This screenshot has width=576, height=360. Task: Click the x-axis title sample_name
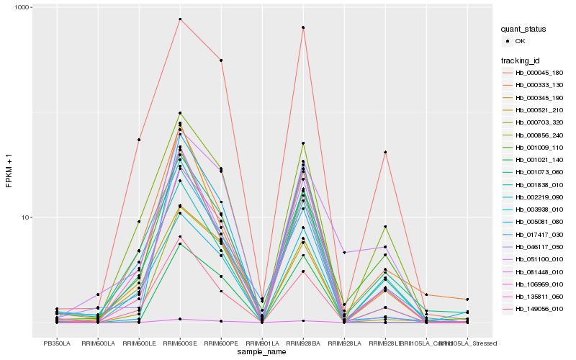[262, 352]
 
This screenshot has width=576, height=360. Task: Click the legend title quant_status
[524, 30]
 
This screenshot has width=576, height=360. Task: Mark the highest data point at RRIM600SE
[180, 19]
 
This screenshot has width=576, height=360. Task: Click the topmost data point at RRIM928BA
[303, 27]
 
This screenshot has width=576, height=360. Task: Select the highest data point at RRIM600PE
[221, 60]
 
